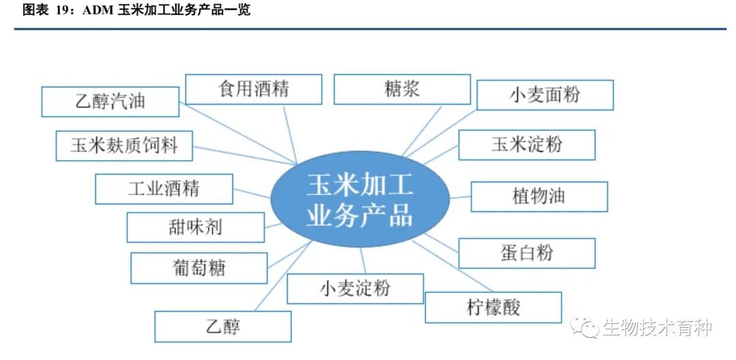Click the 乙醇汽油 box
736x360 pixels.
pyautogui.click(x=110, y=102)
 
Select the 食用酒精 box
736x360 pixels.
pyautogui.click(x=254, y=89)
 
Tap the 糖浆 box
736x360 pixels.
pyautogui.click(x=402, y=89)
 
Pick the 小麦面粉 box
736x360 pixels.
pyautogui.click(x=545, y=95)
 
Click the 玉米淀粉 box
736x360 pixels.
pyautogui.click(x=527, y=145)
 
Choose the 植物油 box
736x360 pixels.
pyautogui.click(x=539, y=196)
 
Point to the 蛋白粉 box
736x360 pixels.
pyautogui.click(x=527, y=253)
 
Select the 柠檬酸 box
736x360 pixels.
pyautogui.click(x=493, y=307)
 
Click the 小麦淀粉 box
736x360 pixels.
pyautogui.click(x=355, y=288)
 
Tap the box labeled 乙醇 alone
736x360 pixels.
pyautogui.click(x=223, y=327)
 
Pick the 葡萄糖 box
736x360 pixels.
pyautogui.click(x=199, y=268)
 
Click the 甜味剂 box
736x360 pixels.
pyautogui.click(x=196, y=227)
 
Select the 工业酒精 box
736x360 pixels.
pyautogui.click(x=164, y=189)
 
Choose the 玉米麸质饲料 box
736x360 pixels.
pyautogui.click(x=124, y=145)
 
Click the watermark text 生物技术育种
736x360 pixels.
pyautogui.click(x=657, y=328)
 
